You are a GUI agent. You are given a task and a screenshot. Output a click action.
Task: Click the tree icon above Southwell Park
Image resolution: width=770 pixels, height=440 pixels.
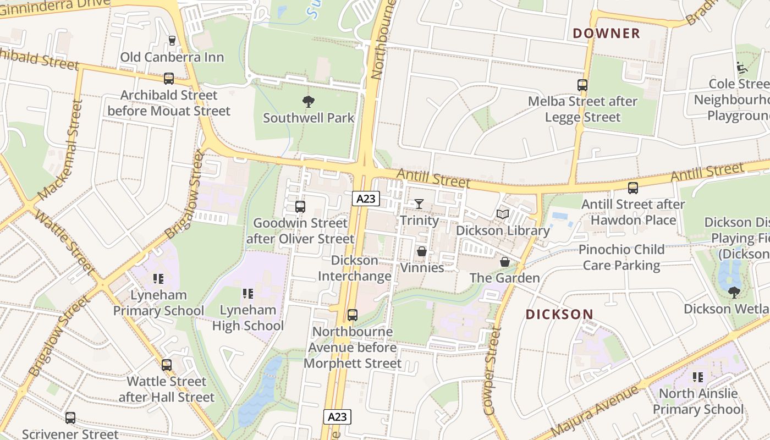click(308, 101)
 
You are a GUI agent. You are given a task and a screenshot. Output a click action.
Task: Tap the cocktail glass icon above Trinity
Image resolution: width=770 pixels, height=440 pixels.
click(419, 204)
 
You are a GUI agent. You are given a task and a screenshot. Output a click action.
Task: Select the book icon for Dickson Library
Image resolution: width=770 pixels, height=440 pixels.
click(503, 214)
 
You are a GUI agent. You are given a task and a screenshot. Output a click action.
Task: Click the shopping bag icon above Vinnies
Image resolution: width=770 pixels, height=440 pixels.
click(422, 251)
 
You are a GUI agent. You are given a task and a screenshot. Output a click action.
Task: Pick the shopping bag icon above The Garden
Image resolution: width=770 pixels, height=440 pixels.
click(504, 262)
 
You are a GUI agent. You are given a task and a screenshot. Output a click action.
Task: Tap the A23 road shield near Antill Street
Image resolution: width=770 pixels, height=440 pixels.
click(366, 199)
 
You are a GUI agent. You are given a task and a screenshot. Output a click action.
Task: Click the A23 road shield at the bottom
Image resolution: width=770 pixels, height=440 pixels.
click(337, 417)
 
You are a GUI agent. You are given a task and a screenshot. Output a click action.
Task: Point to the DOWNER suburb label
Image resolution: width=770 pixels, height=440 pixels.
click(606, 34)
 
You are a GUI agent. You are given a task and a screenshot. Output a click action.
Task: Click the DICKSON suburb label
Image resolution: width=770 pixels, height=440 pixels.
click(559, 315)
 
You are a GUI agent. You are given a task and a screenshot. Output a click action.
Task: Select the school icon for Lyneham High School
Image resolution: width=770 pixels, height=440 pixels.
click(248, 294)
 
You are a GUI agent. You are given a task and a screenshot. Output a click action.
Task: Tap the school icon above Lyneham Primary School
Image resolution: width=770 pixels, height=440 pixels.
click(158, 279)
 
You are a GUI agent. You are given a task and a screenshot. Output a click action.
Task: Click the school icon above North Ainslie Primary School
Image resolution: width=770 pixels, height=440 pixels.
click(698, 377)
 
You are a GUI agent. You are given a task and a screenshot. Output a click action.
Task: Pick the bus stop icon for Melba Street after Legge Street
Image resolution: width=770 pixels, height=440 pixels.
click(582, 85)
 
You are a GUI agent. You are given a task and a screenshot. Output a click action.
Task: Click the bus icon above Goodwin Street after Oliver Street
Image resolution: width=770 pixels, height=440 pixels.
click(300, 207)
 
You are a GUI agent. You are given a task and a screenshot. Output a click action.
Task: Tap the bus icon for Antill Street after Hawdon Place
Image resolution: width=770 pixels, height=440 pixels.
click(633, 188)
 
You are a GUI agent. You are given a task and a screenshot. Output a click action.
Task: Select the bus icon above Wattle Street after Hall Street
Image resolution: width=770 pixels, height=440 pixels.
click(167, 365)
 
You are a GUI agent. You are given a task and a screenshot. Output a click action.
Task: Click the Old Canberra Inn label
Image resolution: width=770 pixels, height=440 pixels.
click(172, 57)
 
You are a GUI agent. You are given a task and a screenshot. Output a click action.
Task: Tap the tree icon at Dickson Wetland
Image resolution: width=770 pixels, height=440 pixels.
click(734, 292)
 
